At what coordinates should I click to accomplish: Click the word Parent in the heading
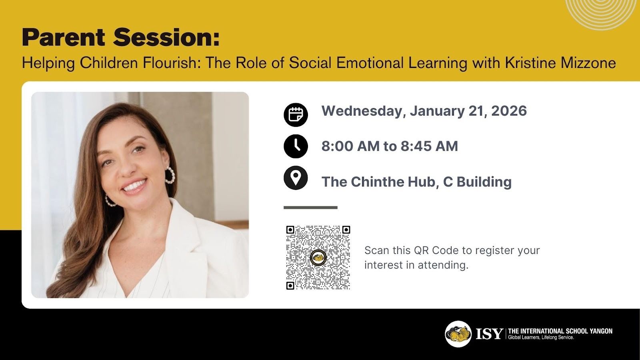point(64,38)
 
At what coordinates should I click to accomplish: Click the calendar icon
point(296,115)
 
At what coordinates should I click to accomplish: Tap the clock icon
point(296,146)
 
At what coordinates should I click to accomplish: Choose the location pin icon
point(296,178)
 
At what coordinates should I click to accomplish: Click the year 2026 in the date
point(509,111)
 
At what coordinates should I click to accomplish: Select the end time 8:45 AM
point(429,146)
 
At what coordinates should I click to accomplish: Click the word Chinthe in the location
point(378,182)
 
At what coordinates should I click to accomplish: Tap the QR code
point(318,258)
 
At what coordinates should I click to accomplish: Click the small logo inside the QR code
point(318,258)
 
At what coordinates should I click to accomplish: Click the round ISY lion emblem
point(458,334)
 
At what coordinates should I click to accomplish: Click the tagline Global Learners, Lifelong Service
point(541,338)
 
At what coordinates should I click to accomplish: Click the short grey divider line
point(310,208)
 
